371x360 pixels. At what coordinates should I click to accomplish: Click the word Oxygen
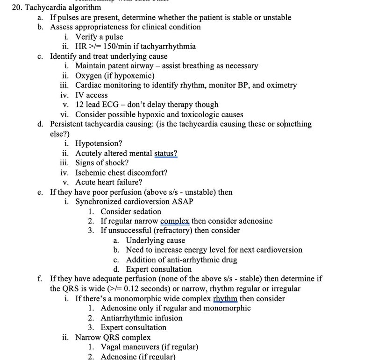[88, 75]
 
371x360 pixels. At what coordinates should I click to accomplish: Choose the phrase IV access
[92, 95]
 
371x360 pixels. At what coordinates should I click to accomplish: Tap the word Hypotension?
[99, 143]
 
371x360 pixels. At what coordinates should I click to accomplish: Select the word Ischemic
[91, 172]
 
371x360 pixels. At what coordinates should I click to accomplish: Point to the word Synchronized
[99, 202]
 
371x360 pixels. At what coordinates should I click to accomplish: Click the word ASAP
[184, 202]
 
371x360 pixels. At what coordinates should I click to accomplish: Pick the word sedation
[145, 212]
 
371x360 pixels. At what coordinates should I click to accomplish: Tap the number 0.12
[133, 289]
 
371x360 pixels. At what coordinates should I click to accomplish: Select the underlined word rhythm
[225, 298]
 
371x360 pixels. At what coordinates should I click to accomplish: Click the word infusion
[167, 318]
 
